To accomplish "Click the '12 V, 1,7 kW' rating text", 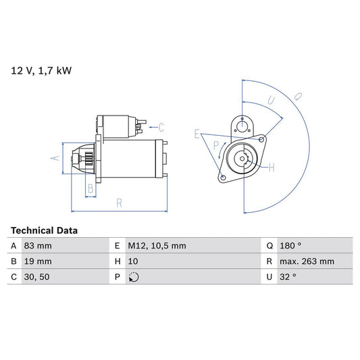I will point(40,70).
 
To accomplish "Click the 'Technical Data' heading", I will point(45,230).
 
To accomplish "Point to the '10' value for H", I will point(133,261).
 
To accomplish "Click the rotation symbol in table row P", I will point(133,277).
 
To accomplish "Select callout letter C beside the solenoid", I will point(161,126).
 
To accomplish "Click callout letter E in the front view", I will point(197,134).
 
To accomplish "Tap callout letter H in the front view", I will point(271,167).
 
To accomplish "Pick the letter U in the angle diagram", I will point(269,101).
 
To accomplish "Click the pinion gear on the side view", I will point(86,161).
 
